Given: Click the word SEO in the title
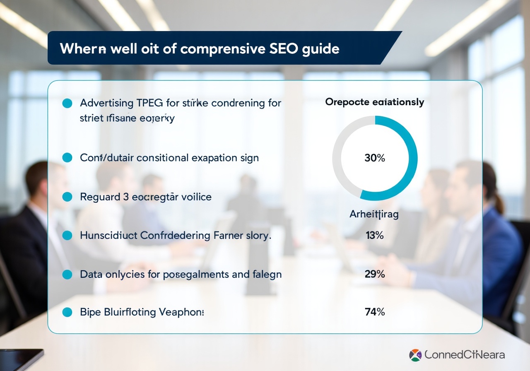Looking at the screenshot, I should pos(282,48).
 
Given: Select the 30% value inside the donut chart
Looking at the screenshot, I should pos(375,158).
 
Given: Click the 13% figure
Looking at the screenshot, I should pos(375,236).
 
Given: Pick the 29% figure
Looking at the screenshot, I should pos(375,274).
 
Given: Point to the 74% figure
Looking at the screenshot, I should pos(375,312).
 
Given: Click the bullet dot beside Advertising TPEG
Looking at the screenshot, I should pos(67,103).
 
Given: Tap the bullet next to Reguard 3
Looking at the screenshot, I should pos(67,197).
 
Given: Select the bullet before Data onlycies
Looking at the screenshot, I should pos(67,274).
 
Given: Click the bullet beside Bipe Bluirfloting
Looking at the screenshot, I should pos(67,312).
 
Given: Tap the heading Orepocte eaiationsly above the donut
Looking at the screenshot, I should pos(374,102).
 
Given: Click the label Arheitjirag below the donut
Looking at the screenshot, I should pos(374,214).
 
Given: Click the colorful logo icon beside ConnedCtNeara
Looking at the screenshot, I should pos(415,355).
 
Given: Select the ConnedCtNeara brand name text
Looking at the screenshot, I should pos(465,355).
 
